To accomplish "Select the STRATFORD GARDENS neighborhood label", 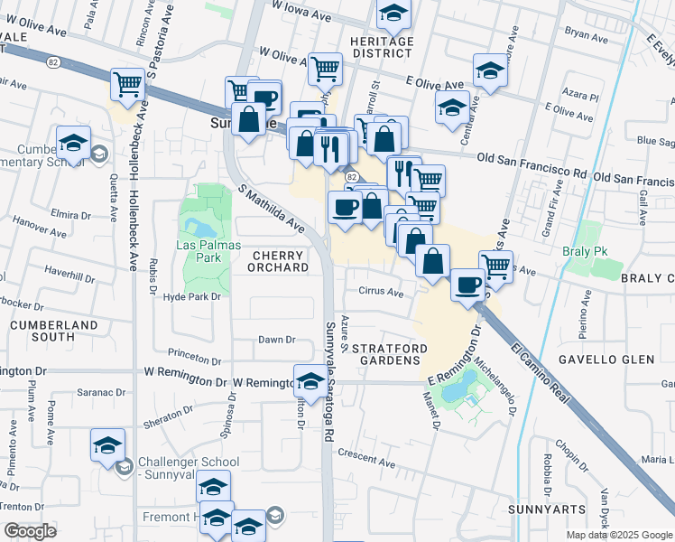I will click(385, 353).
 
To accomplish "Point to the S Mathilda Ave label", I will click(272, 208).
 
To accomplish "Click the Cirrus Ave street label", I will click(382, 293).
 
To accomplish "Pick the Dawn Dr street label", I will click(277, 340).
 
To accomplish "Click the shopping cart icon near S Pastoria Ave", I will click(127, 84).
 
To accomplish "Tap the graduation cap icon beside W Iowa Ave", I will click(393, 13).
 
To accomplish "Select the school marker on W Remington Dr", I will click(310, 381).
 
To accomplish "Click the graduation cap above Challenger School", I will click(106, 444).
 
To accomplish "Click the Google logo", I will click(30, 531).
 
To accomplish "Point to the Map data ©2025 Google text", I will click(619, 535).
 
